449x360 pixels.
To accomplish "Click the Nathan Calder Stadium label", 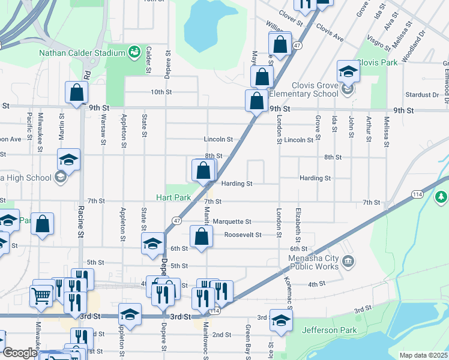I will click(81, 53).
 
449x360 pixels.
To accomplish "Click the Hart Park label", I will click(173, 197).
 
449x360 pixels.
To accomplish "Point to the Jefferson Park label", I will click(330, 330).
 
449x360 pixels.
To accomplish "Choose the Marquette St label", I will click(232, 221).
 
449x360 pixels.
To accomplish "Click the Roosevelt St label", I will click(243, 235).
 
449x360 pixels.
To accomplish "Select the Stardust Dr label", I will click(422, 95).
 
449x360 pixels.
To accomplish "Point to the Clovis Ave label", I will click(330, 34).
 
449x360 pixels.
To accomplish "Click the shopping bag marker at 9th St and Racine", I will click(76, 93).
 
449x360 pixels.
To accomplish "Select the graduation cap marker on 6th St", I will click(152, 244).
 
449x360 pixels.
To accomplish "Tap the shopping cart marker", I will click(41, 295).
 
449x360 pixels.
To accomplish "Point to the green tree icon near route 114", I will click(441, 196).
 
